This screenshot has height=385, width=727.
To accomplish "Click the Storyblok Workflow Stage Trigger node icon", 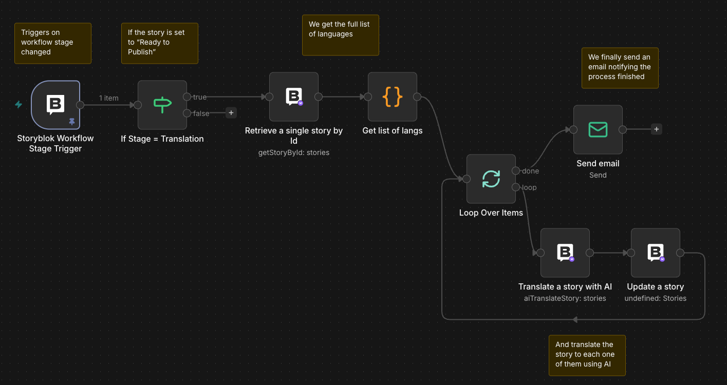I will point(55,104).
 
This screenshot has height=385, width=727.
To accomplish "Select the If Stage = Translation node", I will point(162,105).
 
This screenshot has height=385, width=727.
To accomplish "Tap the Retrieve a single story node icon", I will point(293,97).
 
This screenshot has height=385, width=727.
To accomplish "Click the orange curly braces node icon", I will point(392,97).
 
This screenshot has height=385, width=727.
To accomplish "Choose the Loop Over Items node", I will point(491,179).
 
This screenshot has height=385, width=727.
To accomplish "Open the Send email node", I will point(598,129).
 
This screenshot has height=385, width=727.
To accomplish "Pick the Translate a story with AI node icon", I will point(565,253).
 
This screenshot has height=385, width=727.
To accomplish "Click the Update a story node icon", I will point(655,253).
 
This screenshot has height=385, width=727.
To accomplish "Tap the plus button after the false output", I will point(231,113).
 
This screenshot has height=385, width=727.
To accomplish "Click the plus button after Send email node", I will point(656,129).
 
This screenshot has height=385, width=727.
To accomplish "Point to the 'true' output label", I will point(200,97).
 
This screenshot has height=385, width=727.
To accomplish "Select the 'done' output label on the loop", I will point(530,171).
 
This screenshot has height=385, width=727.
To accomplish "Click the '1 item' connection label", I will point(109,98).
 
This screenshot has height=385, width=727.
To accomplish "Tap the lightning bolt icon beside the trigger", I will point(18,105).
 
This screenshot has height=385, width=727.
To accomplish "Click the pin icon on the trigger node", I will point(72,122).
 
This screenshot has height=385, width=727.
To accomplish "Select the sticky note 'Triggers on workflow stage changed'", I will point(52,43).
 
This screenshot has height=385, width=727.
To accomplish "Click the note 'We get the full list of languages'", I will point(340,35).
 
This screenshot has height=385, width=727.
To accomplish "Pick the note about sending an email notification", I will point(620,68).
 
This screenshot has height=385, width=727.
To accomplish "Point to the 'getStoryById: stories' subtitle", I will point(293,152).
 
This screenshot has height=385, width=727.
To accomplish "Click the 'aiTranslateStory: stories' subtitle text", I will point(565,298).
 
